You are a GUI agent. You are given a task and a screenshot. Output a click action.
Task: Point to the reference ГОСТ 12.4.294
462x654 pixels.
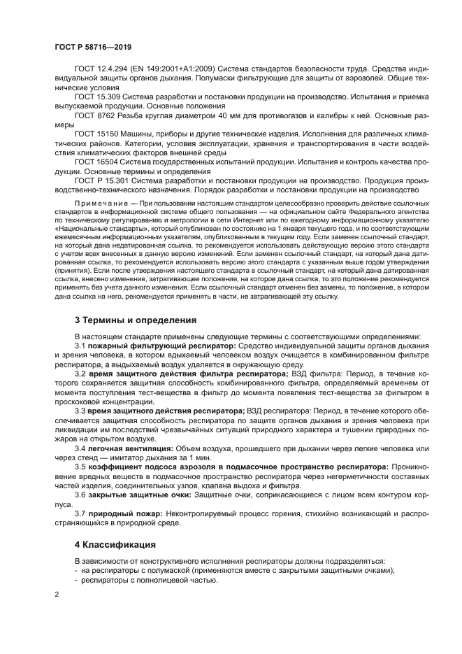102,69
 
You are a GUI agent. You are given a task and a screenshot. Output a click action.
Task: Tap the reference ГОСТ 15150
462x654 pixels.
96,132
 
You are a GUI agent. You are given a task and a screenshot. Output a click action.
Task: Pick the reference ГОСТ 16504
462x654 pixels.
96,160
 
